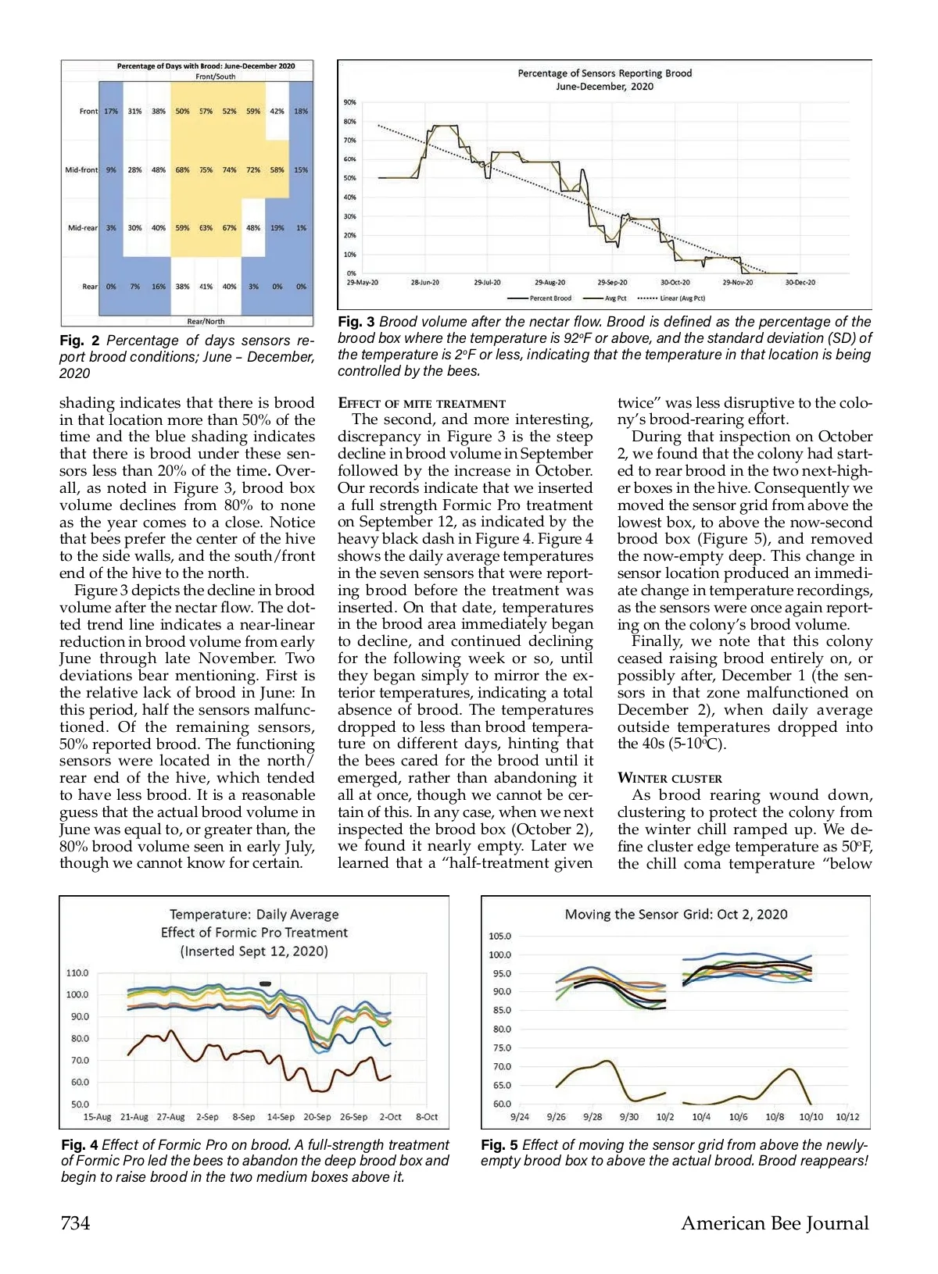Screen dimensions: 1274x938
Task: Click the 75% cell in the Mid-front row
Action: point(206,170)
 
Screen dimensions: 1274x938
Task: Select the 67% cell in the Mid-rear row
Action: point(229,228)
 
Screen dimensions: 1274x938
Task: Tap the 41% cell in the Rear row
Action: point(206,287)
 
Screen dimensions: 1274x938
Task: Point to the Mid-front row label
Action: point(81,170)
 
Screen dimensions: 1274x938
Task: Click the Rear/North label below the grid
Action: point(206,321)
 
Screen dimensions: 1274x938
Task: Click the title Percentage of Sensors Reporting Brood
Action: point(604,73)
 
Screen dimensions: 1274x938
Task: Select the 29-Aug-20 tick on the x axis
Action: point(550,283)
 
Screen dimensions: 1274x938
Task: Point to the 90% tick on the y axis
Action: point(349,102)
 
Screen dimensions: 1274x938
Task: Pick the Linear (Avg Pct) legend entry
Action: point(672,298)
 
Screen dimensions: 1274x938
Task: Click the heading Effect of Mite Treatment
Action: point(421,404)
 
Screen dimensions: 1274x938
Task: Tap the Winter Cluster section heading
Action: point(670,778)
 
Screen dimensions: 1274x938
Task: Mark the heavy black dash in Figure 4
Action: point(266,983)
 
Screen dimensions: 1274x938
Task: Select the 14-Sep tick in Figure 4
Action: point(281,1117)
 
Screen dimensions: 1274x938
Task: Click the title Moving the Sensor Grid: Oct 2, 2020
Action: point(676,915)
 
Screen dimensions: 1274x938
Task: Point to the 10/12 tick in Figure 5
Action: point(847,1117)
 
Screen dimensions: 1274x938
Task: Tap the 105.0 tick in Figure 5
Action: point(499,936)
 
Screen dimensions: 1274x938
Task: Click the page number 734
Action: point(75,1223)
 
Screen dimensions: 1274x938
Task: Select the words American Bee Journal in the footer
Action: point(775,1223)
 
